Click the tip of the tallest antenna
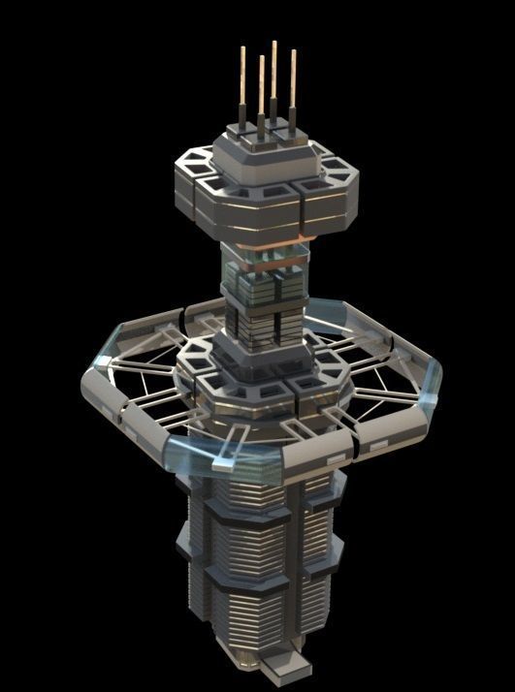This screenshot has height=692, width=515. (275, 44)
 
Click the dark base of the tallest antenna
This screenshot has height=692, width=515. (275, 125)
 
